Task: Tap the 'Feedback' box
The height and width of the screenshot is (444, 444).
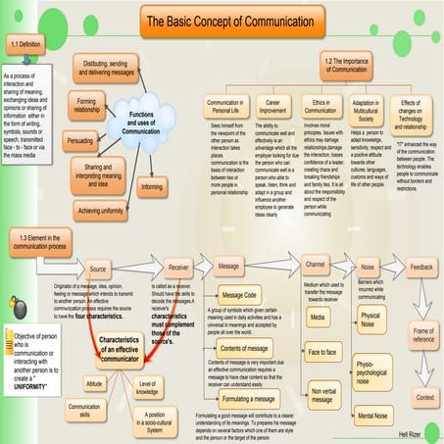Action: [x=421, y=266]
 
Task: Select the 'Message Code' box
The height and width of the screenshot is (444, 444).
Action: [x=239, y=294]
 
